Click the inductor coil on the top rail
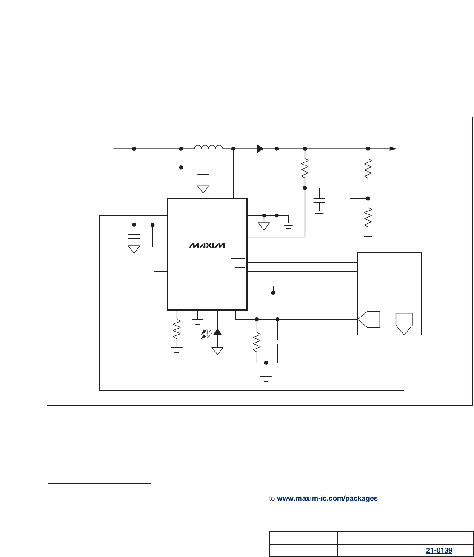(208, 147)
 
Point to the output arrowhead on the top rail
(393, 149)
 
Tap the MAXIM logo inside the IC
(207, 245)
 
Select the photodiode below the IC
(217, 332)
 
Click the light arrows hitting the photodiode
(206, 334)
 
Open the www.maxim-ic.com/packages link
(327, 498)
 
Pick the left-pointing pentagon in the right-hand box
(368, 319)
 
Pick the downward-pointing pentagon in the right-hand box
(404, 323)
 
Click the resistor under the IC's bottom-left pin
(177, 330)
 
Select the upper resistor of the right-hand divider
(368, 169)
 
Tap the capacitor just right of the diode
(277, 171)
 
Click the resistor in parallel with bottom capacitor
(257, 342)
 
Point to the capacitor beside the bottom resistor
(277, 342)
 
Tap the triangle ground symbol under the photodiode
(217, 351)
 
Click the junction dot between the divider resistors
(368, 199)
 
